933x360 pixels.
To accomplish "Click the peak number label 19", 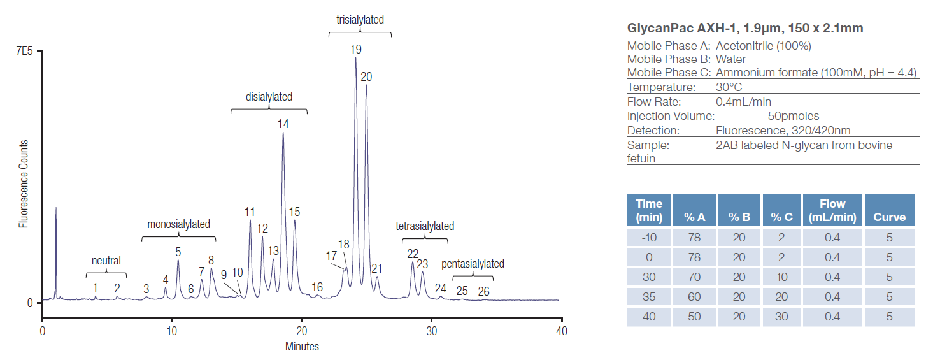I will pyautogui.click(x=355, y=49).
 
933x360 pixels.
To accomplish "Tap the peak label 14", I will pyautogui.click(x=283, y=124).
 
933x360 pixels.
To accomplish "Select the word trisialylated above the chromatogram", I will pyautogui.click(x=360, y=20).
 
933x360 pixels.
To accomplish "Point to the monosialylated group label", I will pyautogui.click(x=178, y=224).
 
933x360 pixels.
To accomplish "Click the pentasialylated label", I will pyautogui.click(x=473, y=264).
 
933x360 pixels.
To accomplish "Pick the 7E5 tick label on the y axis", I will pyautogui.click(x=24, y=52).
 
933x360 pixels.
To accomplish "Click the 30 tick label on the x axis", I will pyautogui.click(x=432, y=331).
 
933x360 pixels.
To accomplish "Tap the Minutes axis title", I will pyautogui.click(x=302, y=347).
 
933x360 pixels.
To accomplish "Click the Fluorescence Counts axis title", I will pyautogui.click(x=24, y=184).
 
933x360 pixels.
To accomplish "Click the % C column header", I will pyautogui.click(x=781, y=217).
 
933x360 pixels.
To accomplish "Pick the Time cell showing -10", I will pyautogui.click(x=649, y=238).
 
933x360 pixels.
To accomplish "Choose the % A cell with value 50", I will pyautogui.click(x=694, y=317).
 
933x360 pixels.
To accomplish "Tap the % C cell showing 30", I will pyautogui.click(x=781, y=317).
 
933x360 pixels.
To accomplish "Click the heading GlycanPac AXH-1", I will pyautogui.click(x=745, y=28).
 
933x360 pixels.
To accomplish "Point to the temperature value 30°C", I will pyautogui.click(x=729, y=87).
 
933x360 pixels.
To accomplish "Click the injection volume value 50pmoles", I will pyautogui.click(x=794, y=116).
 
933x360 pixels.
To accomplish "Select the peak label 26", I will pyautogui.click(x=484, y=291).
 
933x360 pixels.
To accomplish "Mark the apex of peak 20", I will pyautogui.click(x=366, y=85).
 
